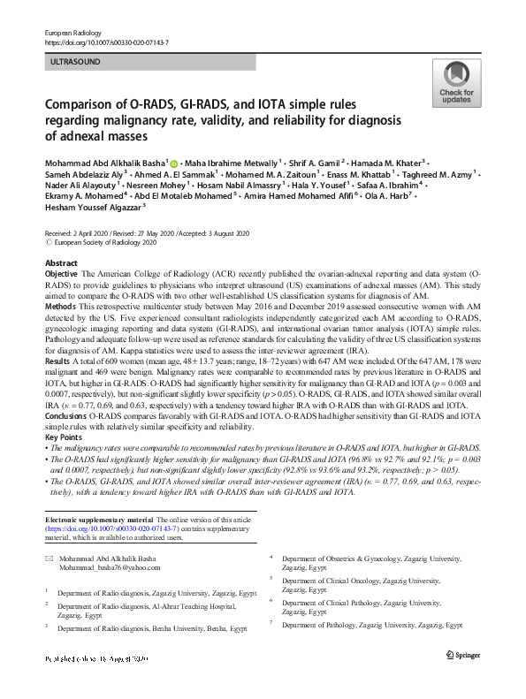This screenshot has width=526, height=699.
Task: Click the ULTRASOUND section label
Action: point(76,62)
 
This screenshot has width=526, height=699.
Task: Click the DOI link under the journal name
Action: point(106,42)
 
